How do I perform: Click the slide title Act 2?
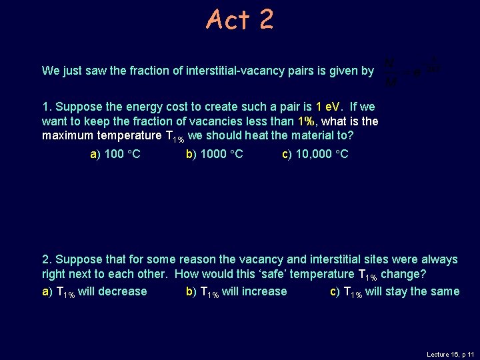(239, 19)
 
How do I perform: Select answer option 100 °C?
(115, 155)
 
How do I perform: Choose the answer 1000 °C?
(214, 155)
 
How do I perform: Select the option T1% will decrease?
(94, 291)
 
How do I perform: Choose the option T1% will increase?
(236, 291)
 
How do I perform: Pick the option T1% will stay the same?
(395, 291)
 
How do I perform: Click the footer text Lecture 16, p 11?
(450, 355)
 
